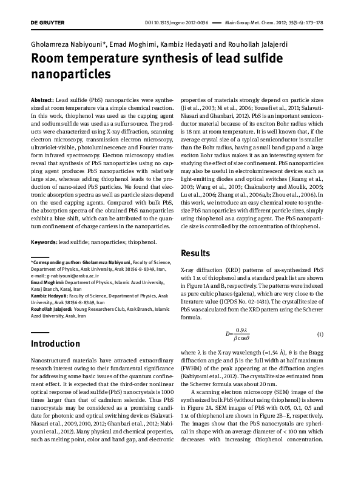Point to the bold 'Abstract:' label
[42, 99]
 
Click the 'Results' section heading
[197, 253]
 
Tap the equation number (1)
[320, 334]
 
